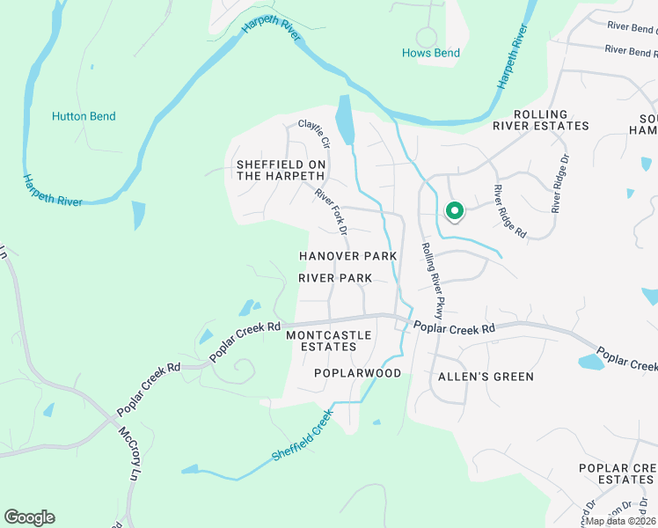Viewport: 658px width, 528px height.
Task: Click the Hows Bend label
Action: coord(431,53)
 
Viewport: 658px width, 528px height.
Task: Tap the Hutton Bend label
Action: coord(84,116)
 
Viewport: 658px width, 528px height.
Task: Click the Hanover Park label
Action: coord(347,256)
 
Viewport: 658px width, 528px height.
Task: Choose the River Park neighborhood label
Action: coord(334,278)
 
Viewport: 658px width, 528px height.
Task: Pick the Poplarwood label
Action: coord(357,373)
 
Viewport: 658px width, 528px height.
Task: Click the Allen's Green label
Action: coord(486,377)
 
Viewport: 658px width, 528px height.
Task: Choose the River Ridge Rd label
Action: coord(509,212)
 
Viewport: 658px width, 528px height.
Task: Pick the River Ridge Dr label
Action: coord(559,185)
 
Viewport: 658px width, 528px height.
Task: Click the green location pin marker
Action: coord(455,211)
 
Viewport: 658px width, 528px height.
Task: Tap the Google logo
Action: coord(29,517)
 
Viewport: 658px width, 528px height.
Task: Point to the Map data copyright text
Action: coord(621,521)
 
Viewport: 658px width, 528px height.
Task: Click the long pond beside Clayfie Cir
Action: coord(345,120)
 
